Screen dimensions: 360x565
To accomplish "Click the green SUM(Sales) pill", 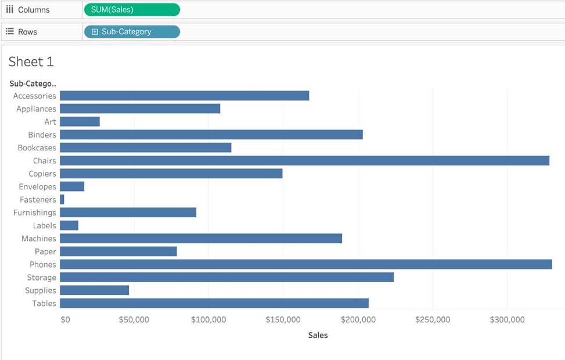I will click(132, 10).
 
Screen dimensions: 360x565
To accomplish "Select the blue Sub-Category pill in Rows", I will click(132, 32).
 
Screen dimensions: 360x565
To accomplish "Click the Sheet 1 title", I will click(31, 62).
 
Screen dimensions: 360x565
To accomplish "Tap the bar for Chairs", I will click(304, 161).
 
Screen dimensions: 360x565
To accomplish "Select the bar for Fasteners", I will click(62, 200).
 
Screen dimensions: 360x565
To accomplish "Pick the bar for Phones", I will click(305, 265).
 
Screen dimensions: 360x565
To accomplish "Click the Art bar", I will click(80, 122).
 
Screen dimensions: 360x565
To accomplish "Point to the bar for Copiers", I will click(171, 174).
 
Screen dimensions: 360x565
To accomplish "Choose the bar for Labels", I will click(69, 226).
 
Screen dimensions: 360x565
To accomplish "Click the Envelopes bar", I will click(72, 187).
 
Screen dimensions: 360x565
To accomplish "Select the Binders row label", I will click(42, 135).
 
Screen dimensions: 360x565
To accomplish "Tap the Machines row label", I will click(39, 239).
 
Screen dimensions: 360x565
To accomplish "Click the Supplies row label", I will click(41, 290).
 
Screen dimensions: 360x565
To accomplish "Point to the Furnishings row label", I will click(35, 213).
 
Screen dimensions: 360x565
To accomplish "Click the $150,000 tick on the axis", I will click(283, 320).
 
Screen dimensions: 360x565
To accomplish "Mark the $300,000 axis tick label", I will click(507, 320).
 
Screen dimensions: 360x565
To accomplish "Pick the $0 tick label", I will click(65, 320).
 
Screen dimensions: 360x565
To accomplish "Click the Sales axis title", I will click(318, 335).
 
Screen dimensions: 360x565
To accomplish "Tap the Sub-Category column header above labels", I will click(33, 84).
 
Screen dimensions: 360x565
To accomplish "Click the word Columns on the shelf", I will click(34, 10).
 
